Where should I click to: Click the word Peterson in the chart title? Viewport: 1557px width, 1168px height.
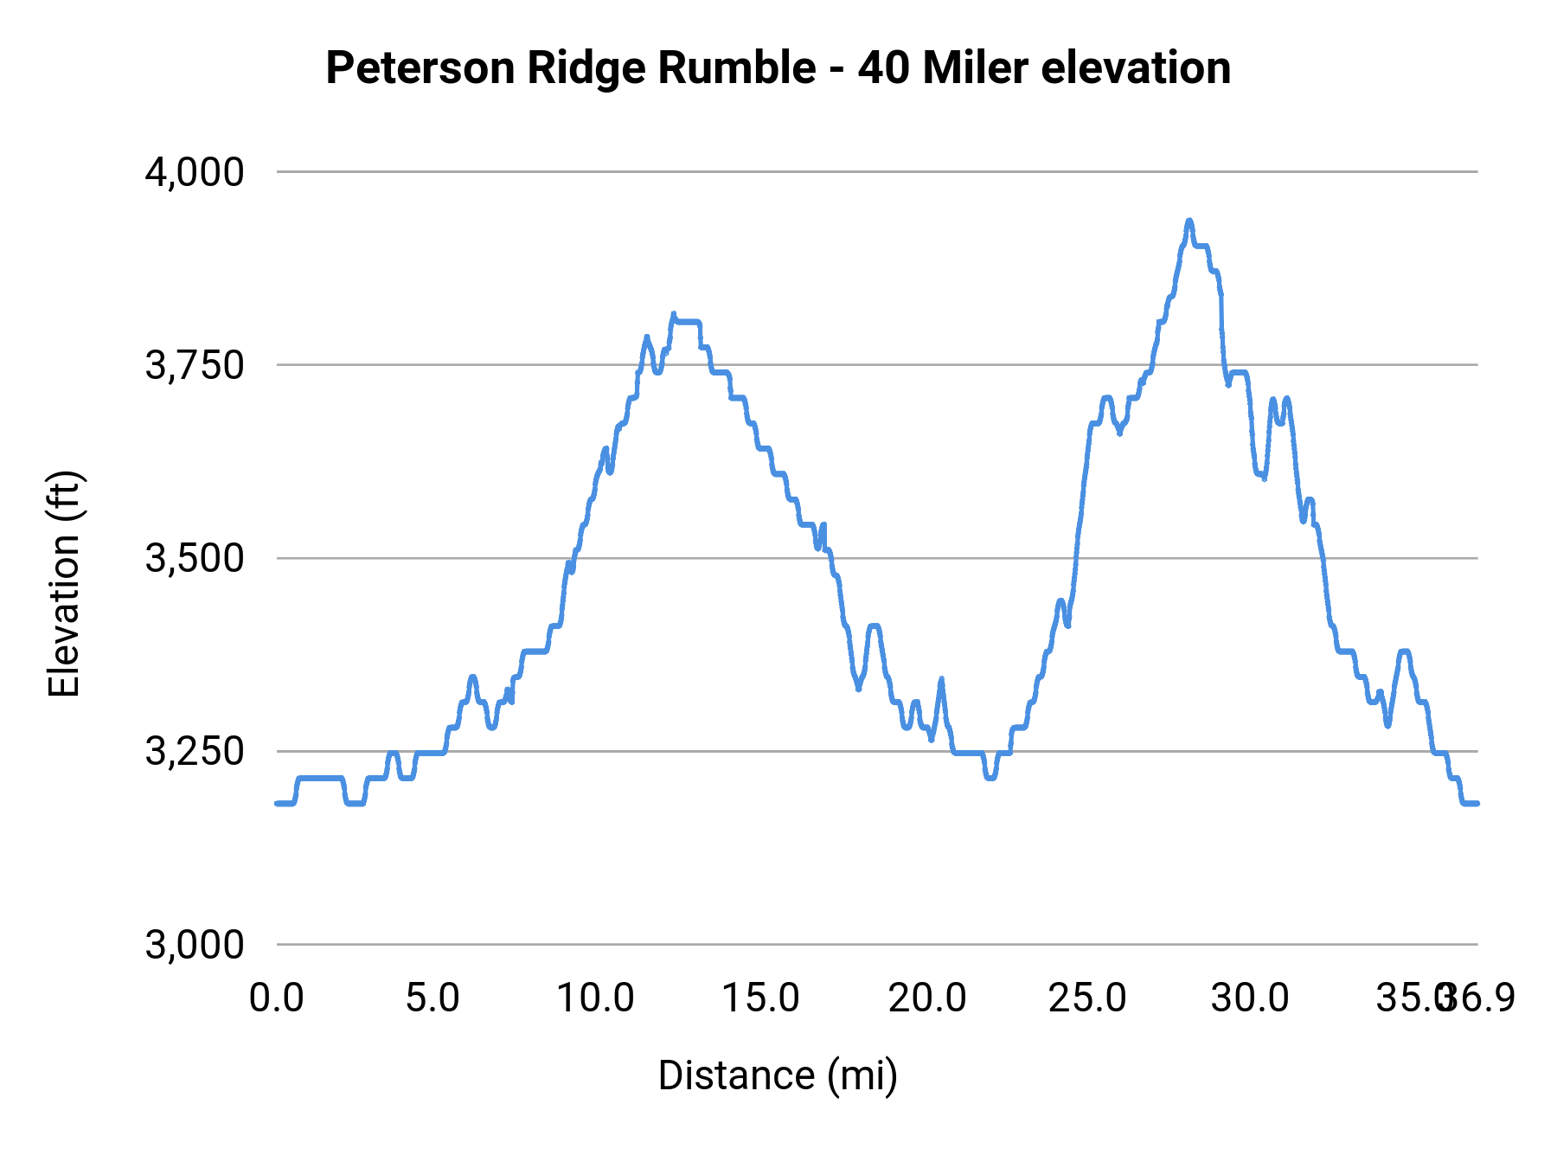tap(421, 68)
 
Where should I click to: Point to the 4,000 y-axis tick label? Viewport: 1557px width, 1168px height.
tap(195, 172)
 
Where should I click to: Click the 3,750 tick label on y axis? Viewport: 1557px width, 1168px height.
tap(195, 365)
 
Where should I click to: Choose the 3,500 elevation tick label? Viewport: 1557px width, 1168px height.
tap(195, 558)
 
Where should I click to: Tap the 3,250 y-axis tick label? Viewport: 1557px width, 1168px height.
tap(195, 751)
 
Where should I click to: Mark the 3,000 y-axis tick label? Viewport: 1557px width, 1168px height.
tap(195, 944)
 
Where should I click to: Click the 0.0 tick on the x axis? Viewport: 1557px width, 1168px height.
tap(277, 998)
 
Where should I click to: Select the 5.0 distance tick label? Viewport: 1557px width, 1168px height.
tap(432, 998)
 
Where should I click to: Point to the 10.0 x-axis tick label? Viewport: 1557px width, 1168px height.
tap(595, 998)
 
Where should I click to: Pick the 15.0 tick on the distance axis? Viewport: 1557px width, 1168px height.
tap(760, 998)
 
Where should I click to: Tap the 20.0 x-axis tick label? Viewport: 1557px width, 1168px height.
tap(927, 998)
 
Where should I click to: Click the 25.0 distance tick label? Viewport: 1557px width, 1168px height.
tap(1087, 998)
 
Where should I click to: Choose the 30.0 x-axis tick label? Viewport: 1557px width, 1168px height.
tap(1250, 998)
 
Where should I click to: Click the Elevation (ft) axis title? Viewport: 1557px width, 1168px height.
tap(64, 584)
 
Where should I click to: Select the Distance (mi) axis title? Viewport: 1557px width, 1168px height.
tap(778, 1075)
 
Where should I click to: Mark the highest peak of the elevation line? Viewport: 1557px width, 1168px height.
tap(1189, 221)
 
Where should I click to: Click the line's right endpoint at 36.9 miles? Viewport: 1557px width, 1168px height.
tap(1477, 804)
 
